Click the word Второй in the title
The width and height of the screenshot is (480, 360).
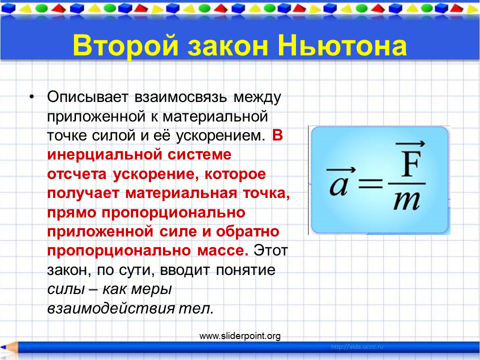[125, 46]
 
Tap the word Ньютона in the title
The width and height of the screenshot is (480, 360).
[342, 45]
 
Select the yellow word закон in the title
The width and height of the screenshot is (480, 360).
[228, 46]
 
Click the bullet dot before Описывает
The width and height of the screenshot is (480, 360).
[32, 97]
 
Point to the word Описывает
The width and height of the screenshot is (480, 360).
[87, 97]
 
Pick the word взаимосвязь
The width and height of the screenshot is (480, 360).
[180, 97]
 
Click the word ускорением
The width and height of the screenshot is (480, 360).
[220, 136]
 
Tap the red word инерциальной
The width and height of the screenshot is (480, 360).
[104, 154]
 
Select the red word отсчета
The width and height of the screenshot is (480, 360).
[77, 174]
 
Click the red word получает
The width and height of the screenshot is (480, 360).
[83, 193]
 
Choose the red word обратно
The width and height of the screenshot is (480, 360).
[247, 231]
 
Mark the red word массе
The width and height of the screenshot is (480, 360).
[222, 251]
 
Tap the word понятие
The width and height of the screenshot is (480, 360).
[245, 270]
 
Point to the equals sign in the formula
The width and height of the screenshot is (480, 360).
[370, 184]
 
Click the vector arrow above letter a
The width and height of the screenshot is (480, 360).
[341, 169]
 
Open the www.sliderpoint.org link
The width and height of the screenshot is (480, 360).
[240, 336]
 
